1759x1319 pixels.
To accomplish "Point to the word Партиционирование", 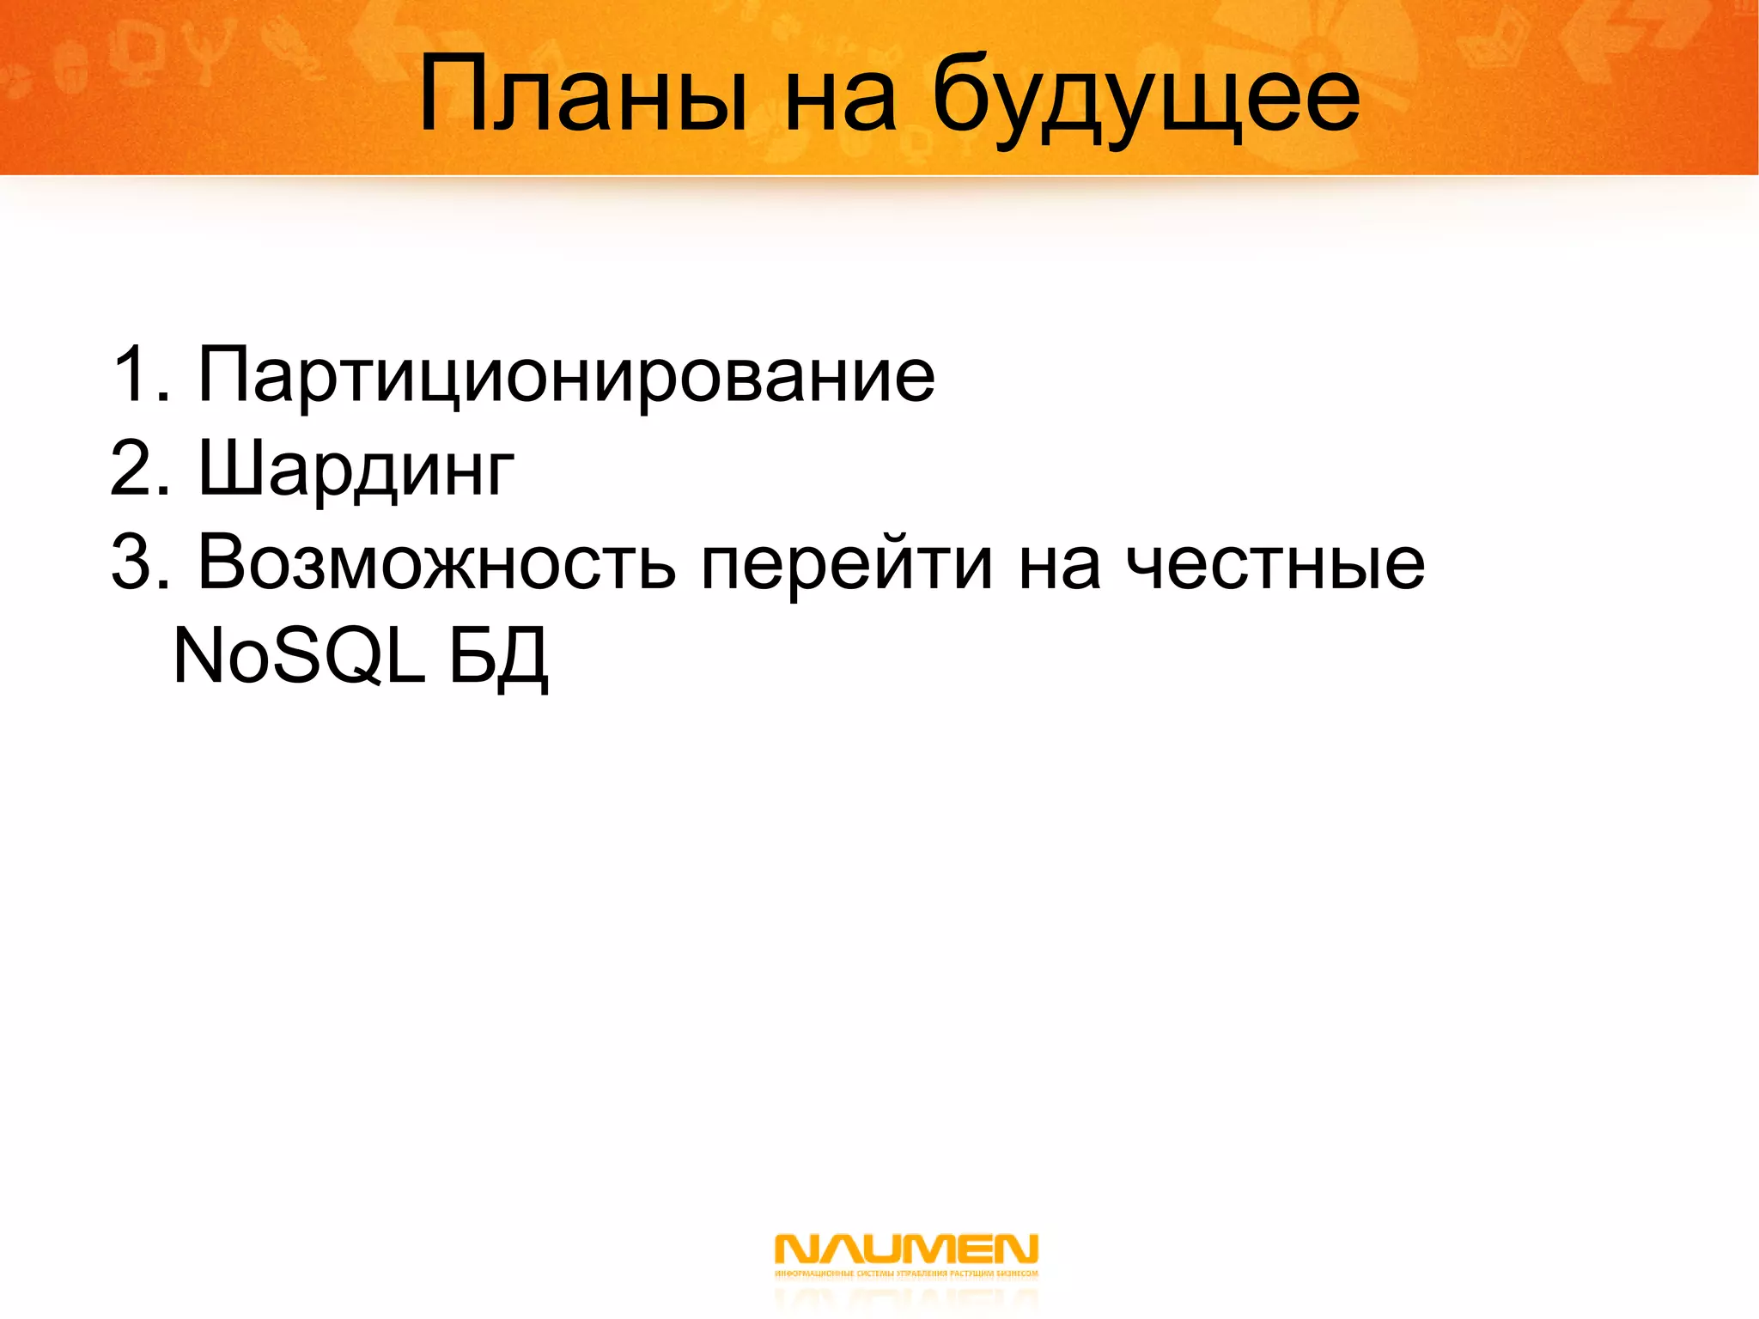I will pos(566,376).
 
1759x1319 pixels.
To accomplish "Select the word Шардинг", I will pos(356,471).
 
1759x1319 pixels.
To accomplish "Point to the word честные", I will pos(1275,565).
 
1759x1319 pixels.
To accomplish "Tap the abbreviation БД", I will pos(498,658).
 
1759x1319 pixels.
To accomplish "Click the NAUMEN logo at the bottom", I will pos(906,1249).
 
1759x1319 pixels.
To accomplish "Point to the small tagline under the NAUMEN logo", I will pos(906,1273).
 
